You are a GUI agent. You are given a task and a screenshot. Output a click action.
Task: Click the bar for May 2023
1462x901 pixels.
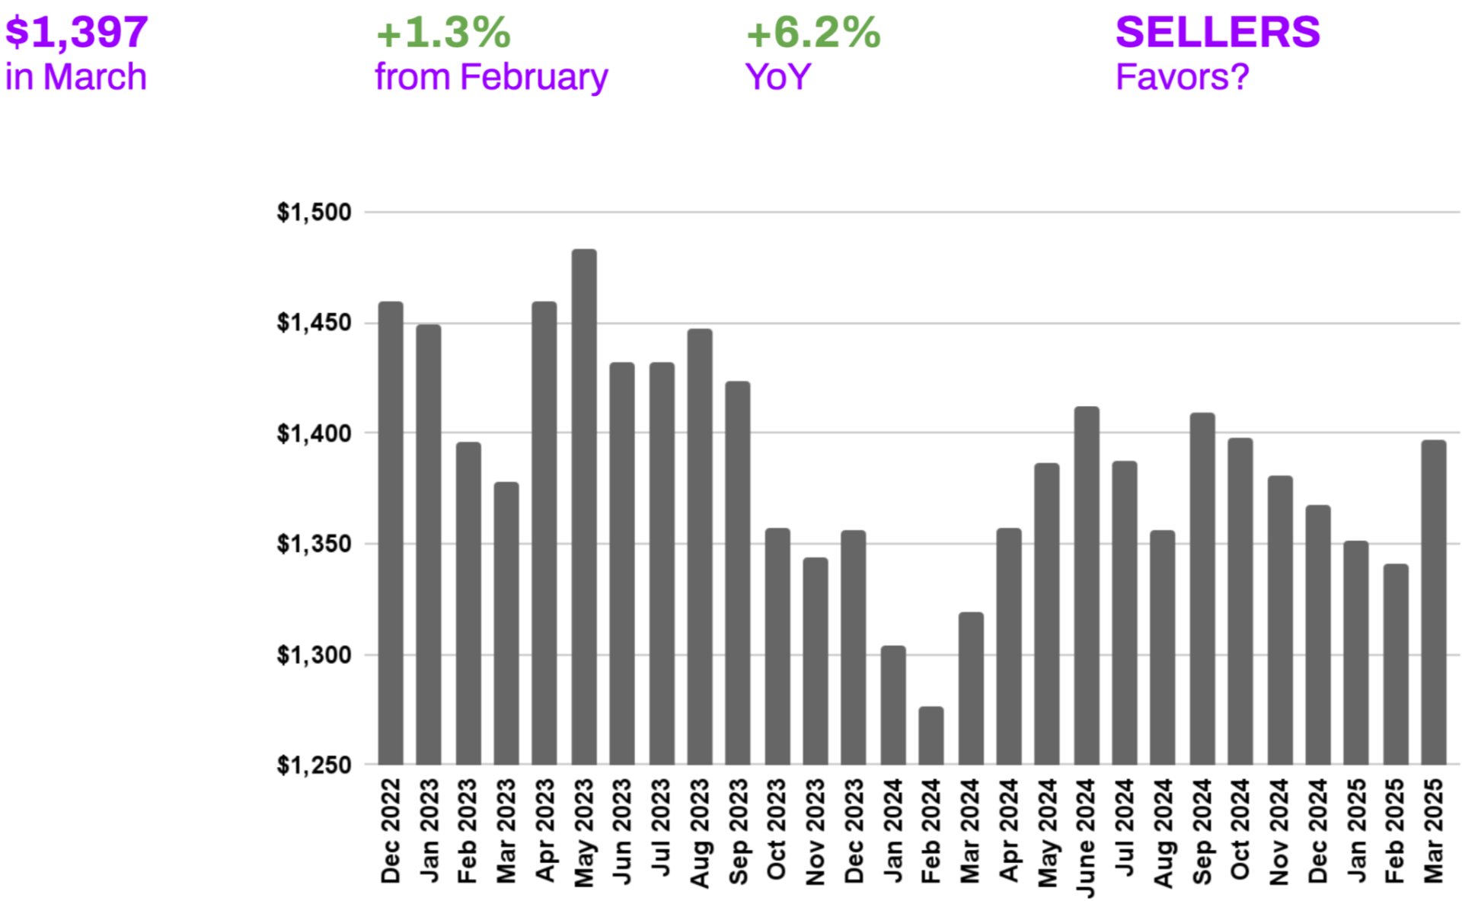point(584,506)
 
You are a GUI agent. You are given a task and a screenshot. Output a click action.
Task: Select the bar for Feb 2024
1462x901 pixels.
point(931,736)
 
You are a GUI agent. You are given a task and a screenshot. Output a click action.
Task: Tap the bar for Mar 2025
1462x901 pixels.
point(1433,602)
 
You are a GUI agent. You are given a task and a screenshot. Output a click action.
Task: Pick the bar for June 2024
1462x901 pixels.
point(1086,585)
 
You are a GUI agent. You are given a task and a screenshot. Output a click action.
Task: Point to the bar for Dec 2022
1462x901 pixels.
point(391,533)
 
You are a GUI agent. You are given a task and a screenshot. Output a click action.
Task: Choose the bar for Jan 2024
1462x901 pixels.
point(892,705)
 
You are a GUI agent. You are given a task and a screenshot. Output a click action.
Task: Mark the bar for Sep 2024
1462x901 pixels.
point(1202,588)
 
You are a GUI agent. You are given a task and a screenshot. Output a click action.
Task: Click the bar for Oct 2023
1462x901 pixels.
point(777,646)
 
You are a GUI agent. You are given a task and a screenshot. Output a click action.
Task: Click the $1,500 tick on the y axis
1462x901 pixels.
point(314,212)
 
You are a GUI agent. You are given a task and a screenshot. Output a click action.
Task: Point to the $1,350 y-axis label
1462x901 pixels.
point(314,545)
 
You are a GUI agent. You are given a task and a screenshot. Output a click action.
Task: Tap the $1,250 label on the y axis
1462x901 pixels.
point(314,765)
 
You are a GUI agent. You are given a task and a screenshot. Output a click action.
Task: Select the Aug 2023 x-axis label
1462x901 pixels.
point(700,832)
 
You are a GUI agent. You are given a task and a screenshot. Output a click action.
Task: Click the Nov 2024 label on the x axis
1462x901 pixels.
point(1278,832)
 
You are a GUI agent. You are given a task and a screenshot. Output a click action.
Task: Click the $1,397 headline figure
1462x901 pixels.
point(76,32)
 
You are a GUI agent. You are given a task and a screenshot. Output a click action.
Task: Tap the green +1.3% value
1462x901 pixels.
point(443,33)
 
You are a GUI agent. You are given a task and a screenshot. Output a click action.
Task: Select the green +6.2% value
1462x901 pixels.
point(813,33)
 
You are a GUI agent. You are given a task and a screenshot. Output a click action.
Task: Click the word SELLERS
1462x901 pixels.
point(1218,32)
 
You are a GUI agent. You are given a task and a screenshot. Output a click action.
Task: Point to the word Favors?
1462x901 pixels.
point(1182,77)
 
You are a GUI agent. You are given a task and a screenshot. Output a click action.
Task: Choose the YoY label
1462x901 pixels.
point(777,77)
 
